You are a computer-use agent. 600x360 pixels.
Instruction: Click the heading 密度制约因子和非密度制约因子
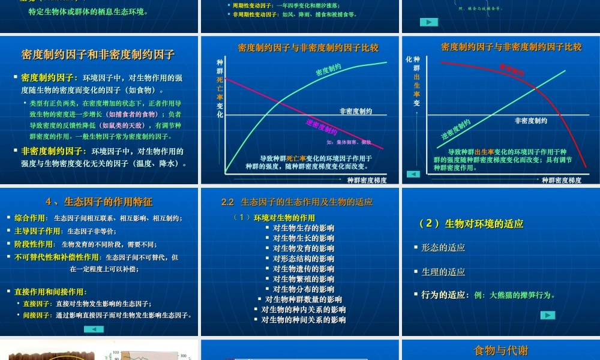(98, 55)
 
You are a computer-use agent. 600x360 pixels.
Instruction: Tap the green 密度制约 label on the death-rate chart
(328, 70)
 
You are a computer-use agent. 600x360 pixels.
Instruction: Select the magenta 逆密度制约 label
(322, 127)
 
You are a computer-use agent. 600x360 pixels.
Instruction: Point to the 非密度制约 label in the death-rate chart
(355, 111)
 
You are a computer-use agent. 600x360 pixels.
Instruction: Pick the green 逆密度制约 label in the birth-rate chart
(456, 129)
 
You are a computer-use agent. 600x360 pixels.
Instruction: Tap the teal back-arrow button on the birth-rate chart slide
(413, 174)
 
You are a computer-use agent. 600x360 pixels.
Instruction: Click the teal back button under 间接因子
(94, 329)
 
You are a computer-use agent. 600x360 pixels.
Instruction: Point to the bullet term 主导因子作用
(37, 231)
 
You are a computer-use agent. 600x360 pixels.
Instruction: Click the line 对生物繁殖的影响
(304, 279)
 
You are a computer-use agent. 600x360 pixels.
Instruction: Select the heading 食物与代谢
(501, 350)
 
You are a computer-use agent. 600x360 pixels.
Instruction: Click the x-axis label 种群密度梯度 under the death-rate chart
(367, 180)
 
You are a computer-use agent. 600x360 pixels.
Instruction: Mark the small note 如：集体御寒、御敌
(349, 142)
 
